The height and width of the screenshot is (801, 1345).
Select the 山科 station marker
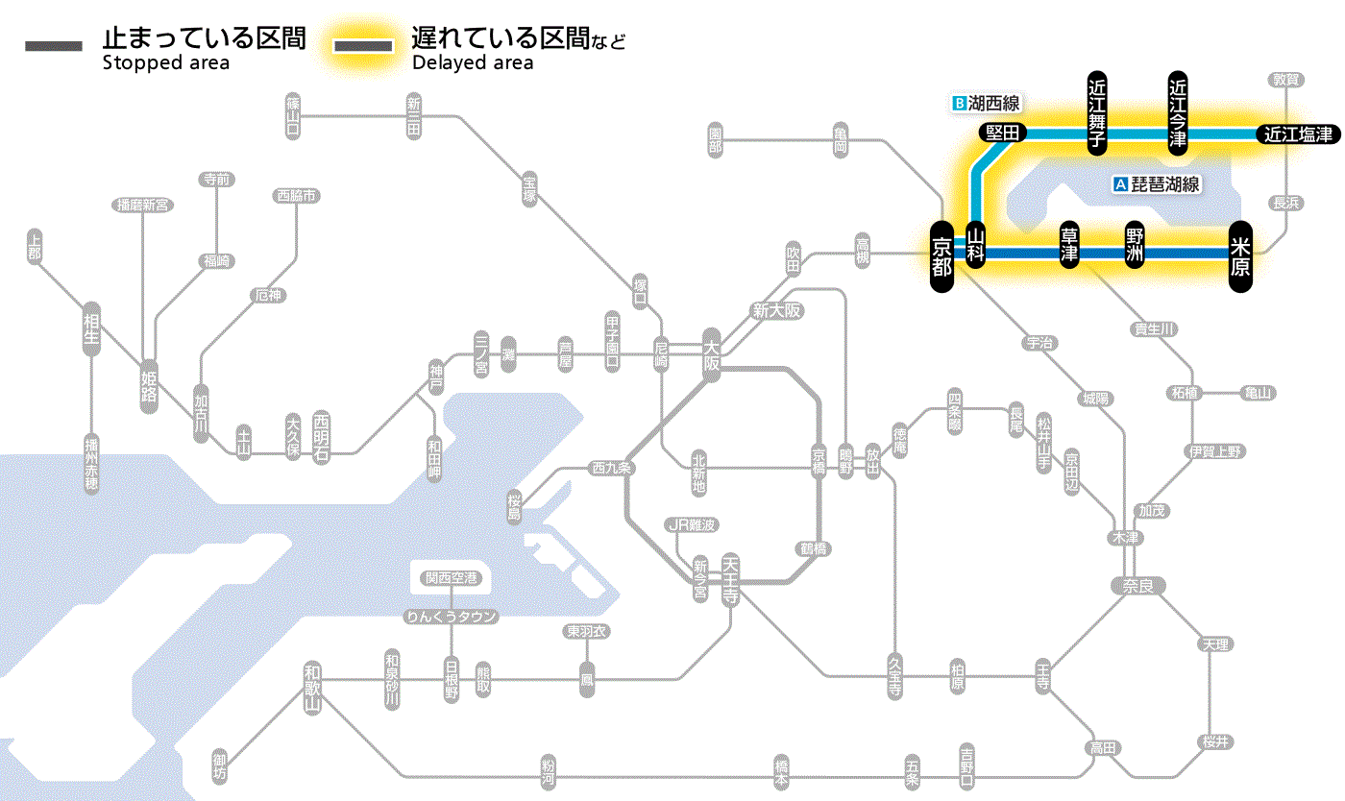tap(976, 248)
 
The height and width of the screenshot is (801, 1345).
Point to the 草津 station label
tap(1069, 247)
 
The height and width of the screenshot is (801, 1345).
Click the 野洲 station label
tap(1136, 247)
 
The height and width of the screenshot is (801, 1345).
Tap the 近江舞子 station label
tap(1097, 111)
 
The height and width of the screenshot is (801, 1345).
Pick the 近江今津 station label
tap(1178, 111)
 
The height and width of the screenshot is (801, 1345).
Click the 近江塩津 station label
tap(1298, 134)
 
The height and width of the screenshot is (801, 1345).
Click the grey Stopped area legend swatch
tap(53, 46)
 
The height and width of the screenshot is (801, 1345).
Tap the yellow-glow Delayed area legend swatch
tap(362, 46)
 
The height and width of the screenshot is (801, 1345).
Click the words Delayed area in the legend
tap(473, 63)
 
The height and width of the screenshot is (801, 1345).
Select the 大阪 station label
tap(711, 355)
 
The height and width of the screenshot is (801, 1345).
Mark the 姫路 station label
tap(149, 386)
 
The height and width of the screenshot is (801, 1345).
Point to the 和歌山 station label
tap(311, 690)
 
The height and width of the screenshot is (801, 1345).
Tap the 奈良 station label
tap(1137, 585)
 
